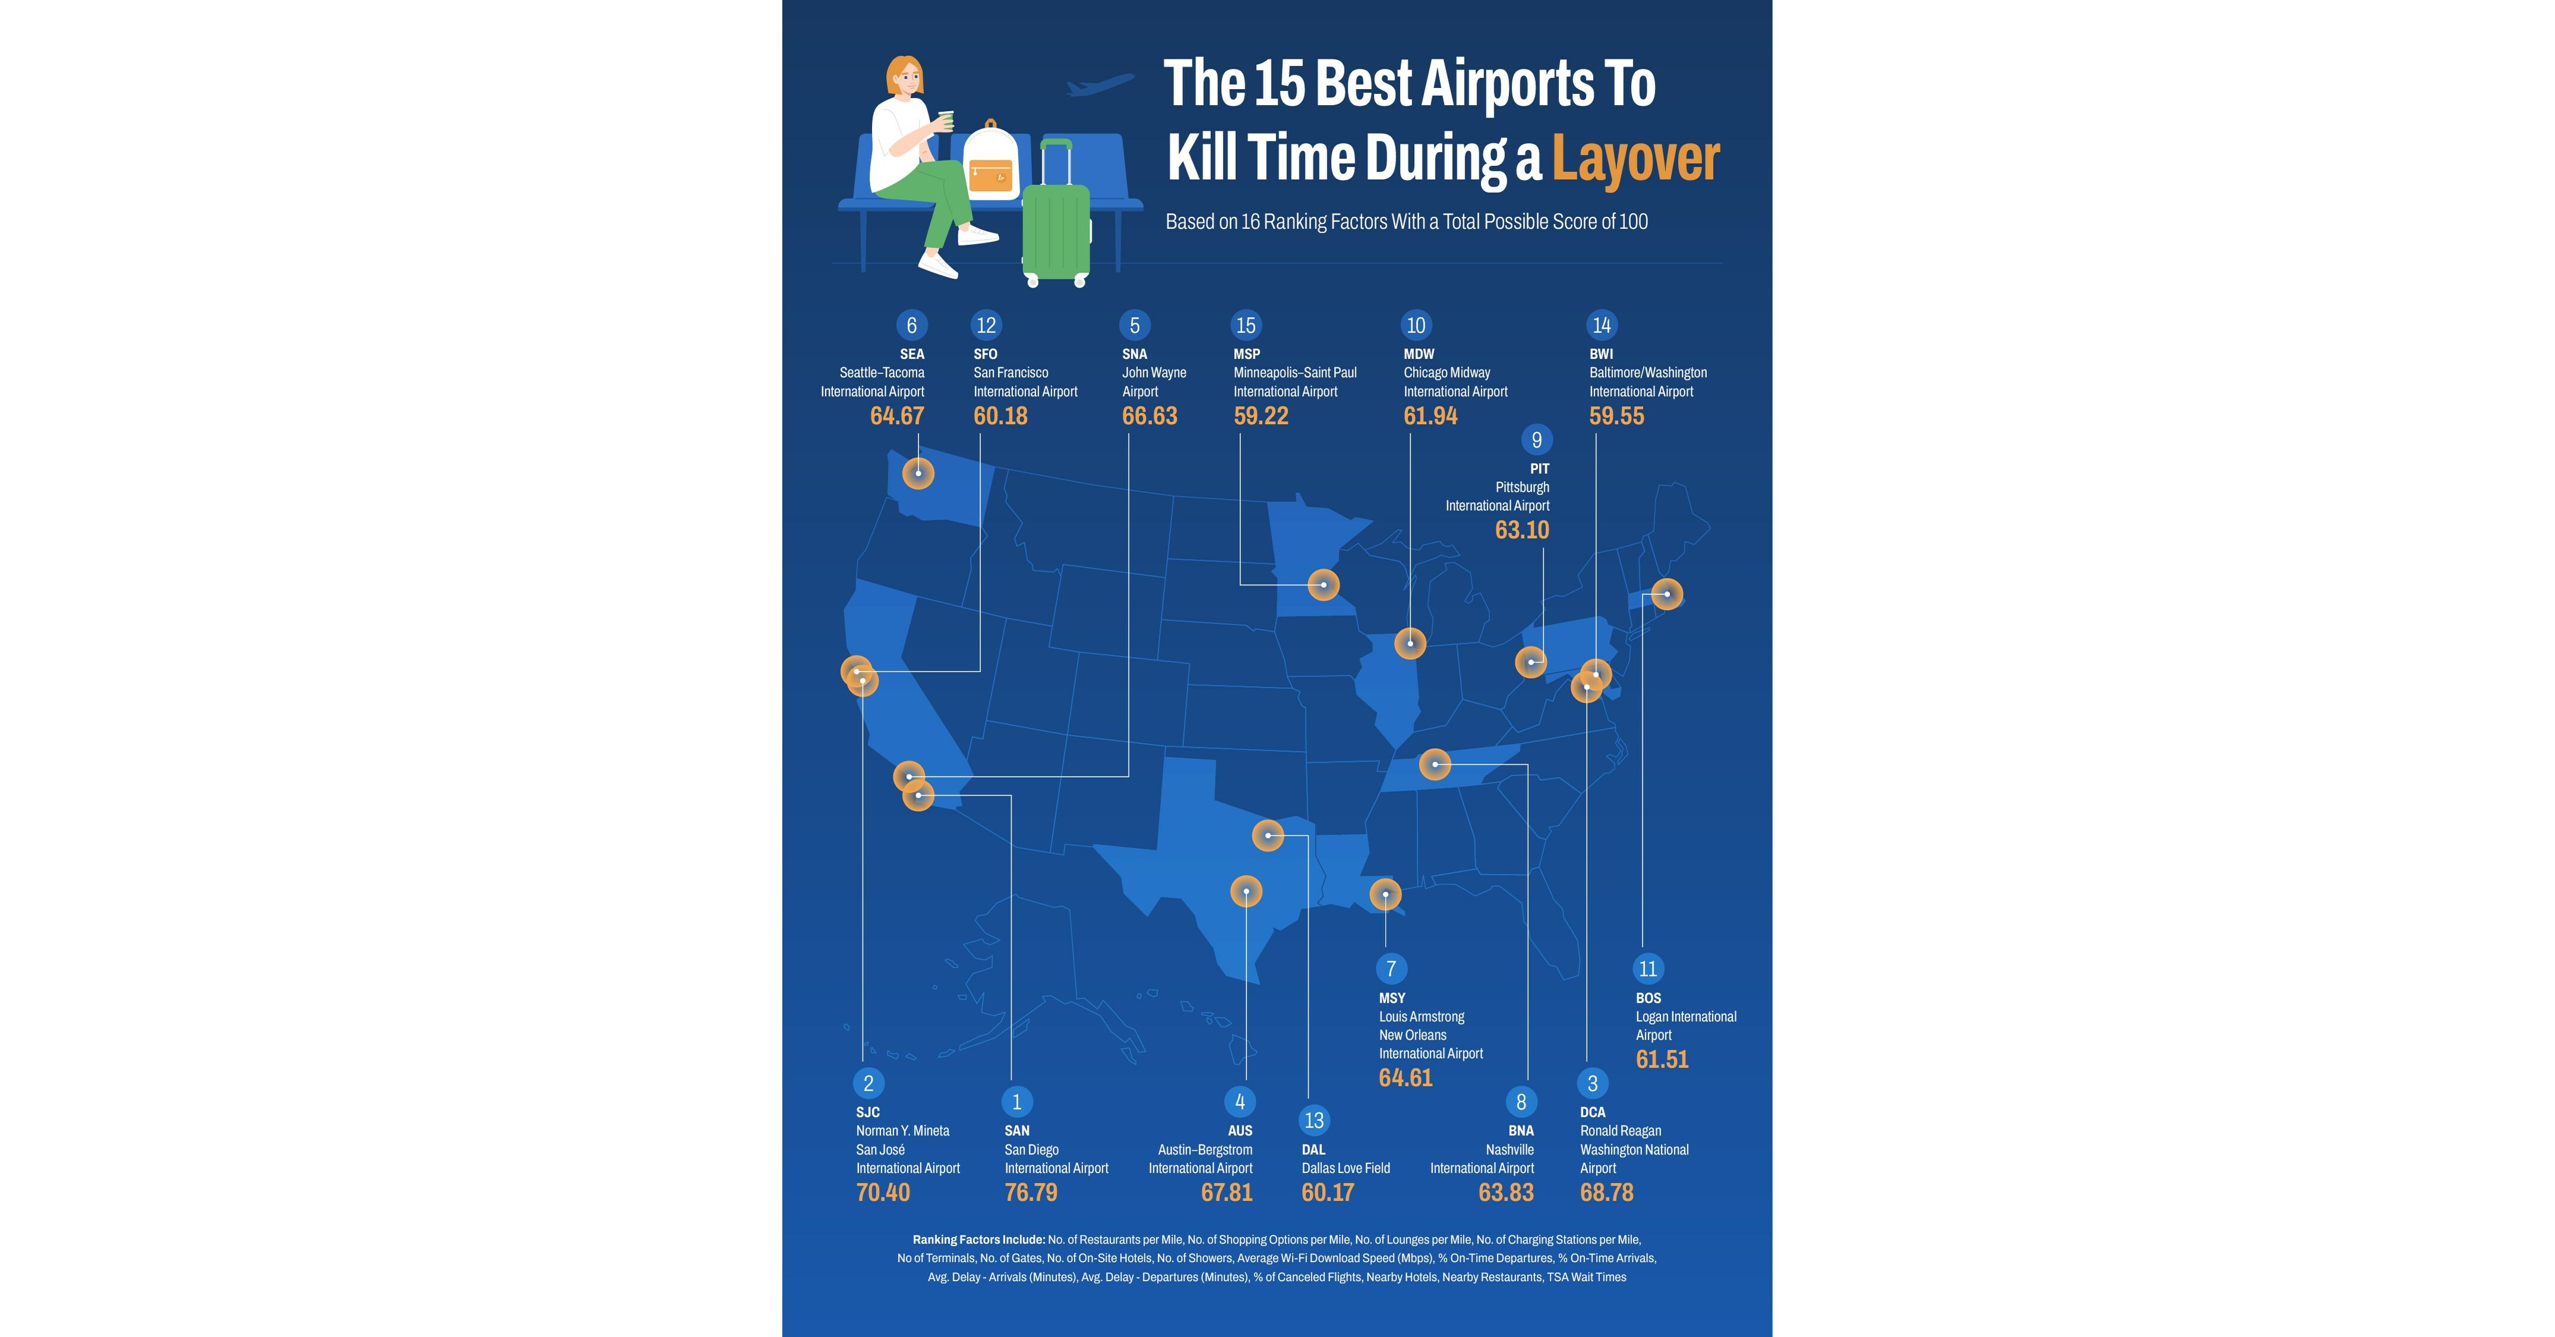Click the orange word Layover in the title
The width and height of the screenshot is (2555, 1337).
pyautogui.click(x=1635, y=159)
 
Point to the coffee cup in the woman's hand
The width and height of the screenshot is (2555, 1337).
pyautogui.click(x=944, y=119)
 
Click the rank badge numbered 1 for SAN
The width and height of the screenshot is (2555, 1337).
pyautogui.click(x=1017, y=1102)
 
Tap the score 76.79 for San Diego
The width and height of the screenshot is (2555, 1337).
pyautogui.click(x=1031, y=1192)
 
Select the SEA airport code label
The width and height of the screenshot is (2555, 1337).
pyautogui.click(x=911, y=354)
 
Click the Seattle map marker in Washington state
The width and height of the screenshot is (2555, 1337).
pyautogui.click(x=918, y=473)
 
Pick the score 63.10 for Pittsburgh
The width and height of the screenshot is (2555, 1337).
pyautogui.click(x=1521, y=530)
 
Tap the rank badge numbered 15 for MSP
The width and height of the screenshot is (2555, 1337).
pyautogui.click(x=1246, y=325)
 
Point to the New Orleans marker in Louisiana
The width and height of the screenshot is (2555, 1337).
pyautogui.click(x=1386, y=895)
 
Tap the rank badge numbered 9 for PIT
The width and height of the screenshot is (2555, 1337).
pyautogui.click(x=1536, y=439)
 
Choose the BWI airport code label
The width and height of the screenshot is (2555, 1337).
pyautogui.click(x=1601, y=354)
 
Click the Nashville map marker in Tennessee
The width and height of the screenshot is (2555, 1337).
pyautogui.click(x=1435, y=764)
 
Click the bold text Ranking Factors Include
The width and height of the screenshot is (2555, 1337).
pyautogui.click(x=978, y=1240)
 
